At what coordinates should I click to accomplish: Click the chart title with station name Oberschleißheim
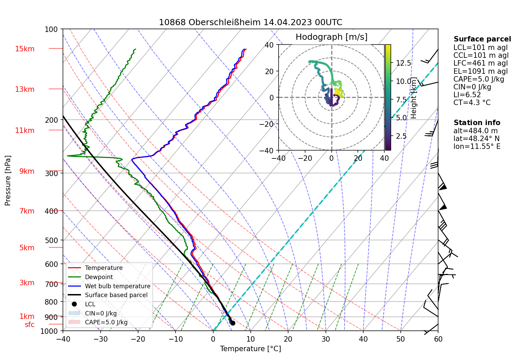coord(250,22)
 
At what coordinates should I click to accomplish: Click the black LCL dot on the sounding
coord(233,323)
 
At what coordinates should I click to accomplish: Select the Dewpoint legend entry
coord(99,277)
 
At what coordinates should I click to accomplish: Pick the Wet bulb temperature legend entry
coord(117,286)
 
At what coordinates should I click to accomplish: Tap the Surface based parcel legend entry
coord(116,295)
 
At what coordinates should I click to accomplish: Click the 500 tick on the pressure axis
coord(51,240)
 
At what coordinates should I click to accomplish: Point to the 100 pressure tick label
coord(51,30)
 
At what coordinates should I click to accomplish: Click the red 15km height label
coord(24,49)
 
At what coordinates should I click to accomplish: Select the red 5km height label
coord(27,248)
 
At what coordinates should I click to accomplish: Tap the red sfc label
coord(30,325)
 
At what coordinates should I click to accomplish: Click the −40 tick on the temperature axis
coord(63,339)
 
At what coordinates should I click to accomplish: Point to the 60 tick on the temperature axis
coord(438,339)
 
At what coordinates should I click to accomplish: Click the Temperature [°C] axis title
coord(250,349)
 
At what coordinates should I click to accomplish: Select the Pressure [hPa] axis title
coord(8,181)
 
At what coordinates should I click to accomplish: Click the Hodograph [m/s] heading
coord(331,37)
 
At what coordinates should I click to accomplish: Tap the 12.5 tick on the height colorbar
coord(403,63)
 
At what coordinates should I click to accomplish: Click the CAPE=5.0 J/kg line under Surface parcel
coord(479,79)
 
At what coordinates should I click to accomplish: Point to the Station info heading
coord(477,123)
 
